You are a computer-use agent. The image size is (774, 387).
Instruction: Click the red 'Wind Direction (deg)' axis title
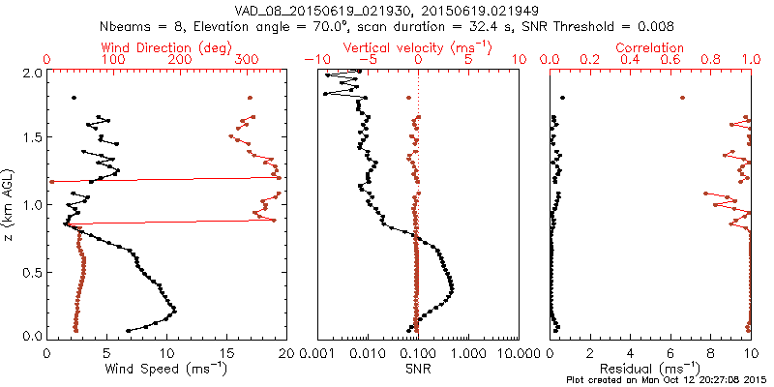[x=166, y=47]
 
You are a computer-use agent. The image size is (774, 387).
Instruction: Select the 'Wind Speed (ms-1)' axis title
[x=166, y=368]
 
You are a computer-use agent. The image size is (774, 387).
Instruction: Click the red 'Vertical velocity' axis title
[x=416, y=47]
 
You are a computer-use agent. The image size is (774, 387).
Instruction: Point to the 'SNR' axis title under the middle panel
[x=416, y=368]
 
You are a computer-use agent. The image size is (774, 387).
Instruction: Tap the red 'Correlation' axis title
[x=651, y=47]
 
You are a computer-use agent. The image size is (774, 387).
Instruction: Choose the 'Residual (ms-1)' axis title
[x=651, y=368]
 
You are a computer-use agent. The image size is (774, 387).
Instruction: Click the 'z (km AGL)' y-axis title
[x=13, y=203]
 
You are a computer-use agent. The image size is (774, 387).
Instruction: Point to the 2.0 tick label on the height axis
[x=31, y=74]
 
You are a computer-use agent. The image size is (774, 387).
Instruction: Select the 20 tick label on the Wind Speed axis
[x=283, y=354]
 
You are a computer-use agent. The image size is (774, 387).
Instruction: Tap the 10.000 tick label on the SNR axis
[x=519, y=354]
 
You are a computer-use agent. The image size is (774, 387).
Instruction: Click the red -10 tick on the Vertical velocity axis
[x=313, y=60]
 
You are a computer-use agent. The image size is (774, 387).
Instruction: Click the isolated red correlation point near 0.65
[x=682, y=98]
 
